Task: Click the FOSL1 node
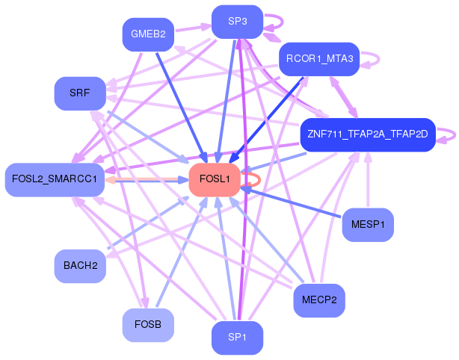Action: [x=215, y=180]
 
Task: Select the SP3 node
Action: [x=237, y=22]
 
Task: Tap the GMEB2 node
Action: [x=148, y=34]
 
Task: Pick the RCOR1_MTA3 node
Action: [x=319, y=59]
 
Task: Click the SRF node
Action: [x=80, y=93]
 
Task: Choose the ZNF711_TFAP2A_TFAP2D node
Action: [x=368, y=135]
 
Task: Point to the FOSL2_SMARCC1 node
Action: [x=55, y=180]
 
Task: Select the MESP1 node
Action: [x=368, y=225]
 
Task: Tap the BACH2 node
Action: [x=80, y=266]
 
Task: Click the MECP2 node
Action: [x=319, y=300]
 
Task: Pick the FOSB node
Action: [x=148, y=325]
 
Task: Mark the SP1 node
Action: [x=237, y=338]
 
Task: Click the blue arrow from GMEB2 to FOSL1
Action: [x=182, y=108]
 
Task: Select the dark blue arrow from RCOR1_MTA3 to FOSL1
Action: [x=266, y=120]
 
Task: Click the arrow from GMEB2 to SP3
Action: [x=193, y=28]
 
